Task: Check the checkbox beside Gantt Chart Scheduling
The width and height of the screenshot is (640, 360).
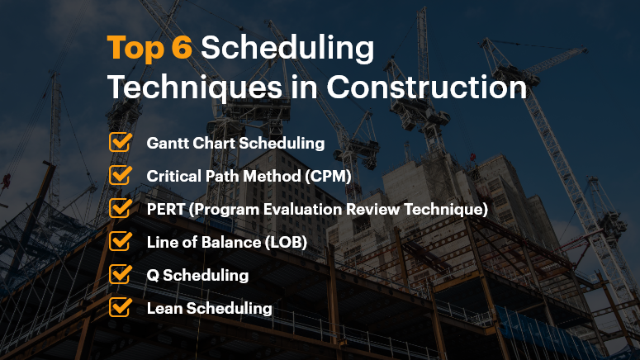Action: (x=121, y=142)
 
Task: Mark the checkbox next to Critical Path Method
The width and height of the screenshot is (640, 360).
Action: (x=121, y=175)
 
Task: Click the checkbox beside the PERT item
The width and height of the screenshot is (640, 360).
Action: (x=121, y=208)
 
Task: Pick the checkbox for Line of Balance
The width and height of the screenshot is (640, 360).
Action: (x=121, y=241)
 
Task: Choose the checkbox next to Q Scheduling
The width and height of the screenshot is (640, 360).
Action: (x=121, y=274)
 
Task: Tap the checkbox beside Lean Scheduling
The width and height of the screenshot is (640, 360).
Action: (x=121, y=307)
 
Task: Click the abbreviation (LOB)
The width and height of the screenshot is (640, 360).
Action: (x=291, y=242)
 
